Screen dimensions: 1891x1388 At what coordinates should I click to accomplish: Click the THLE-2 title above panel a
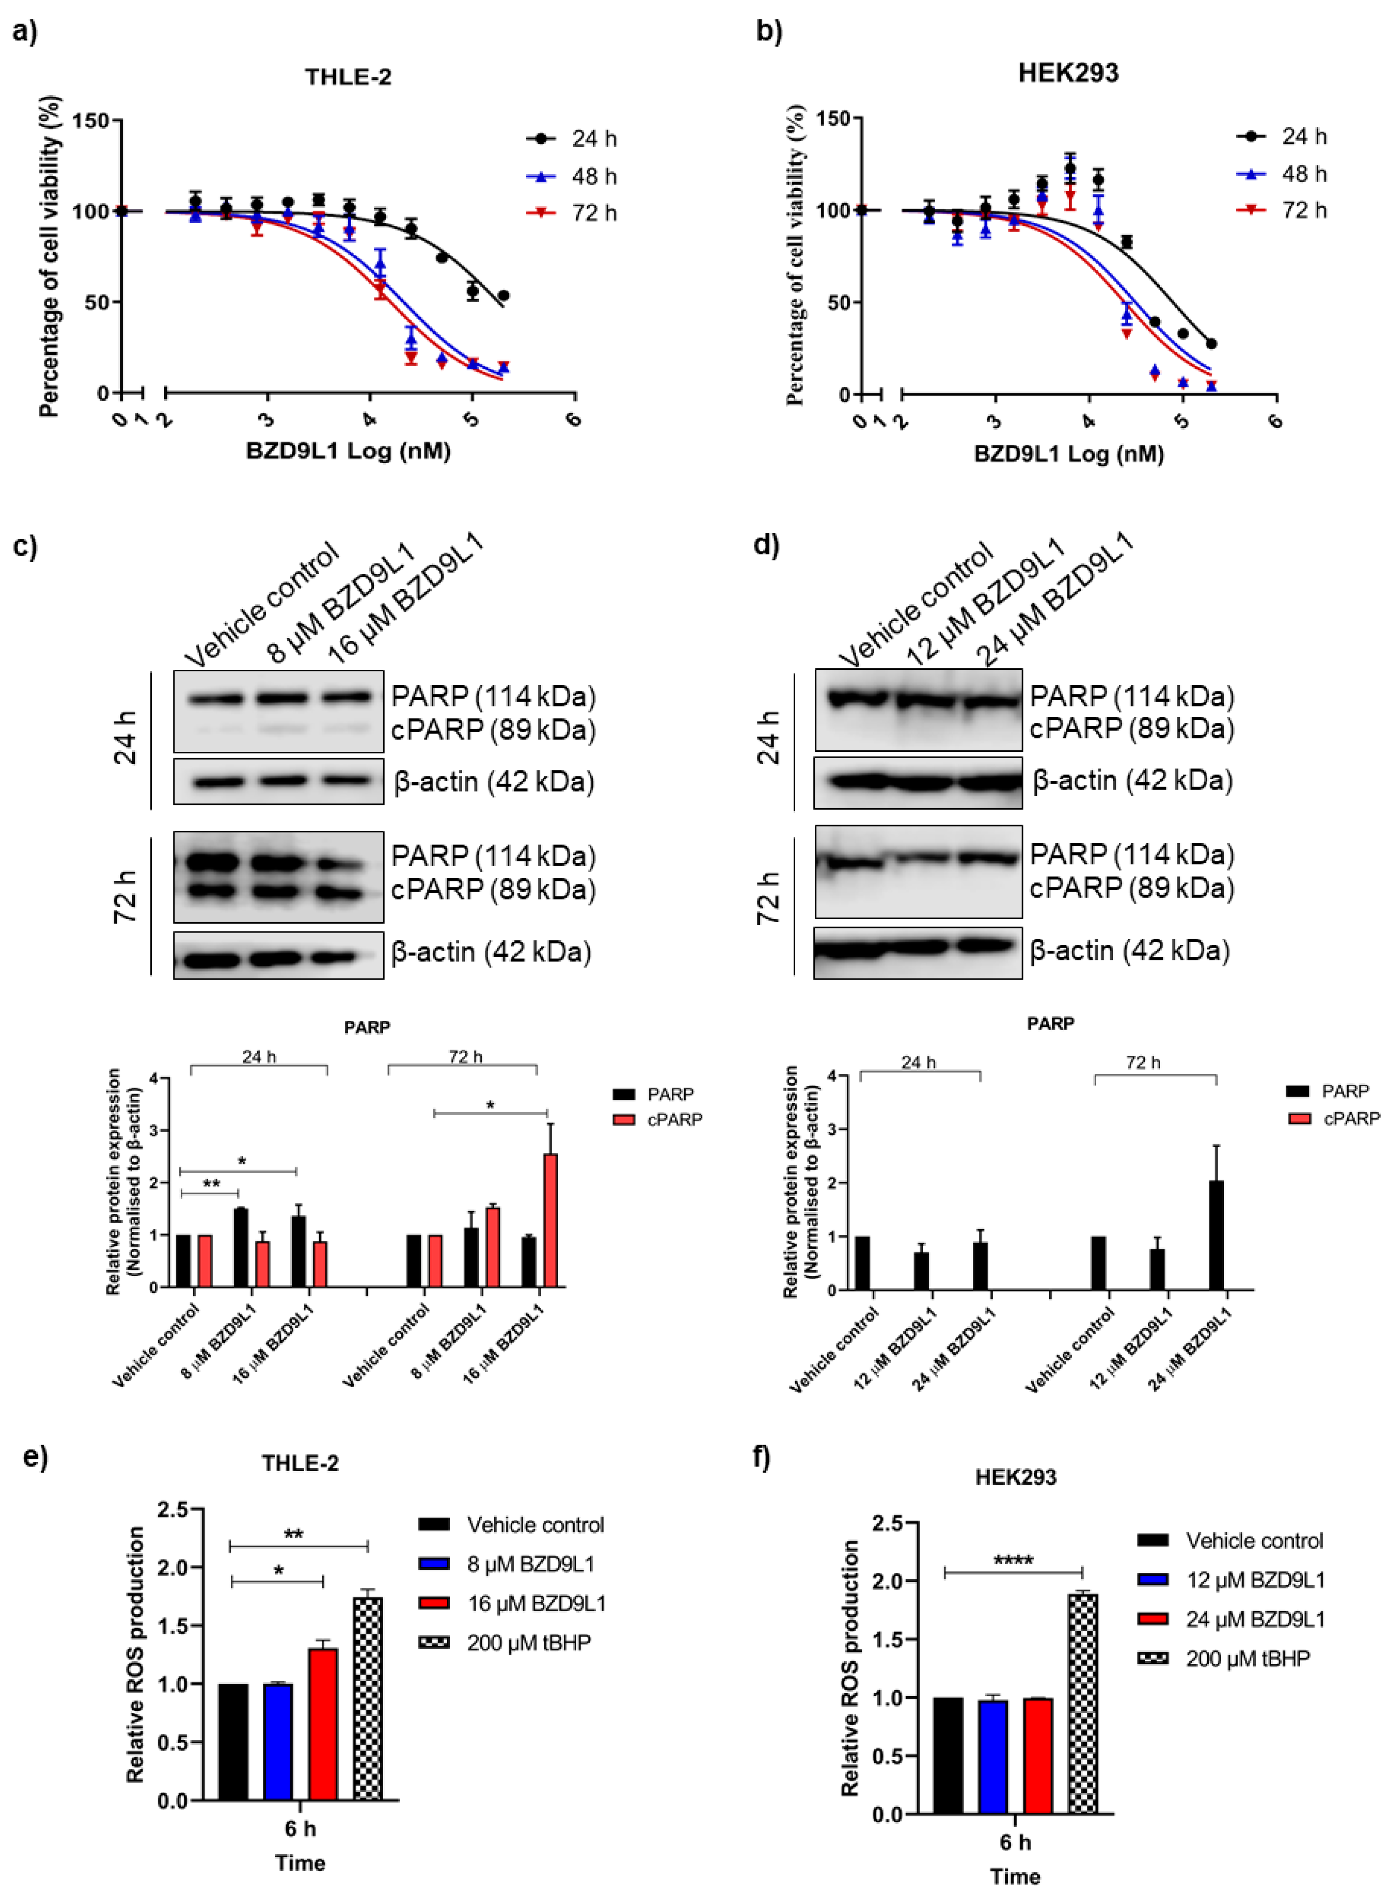coord(348,77)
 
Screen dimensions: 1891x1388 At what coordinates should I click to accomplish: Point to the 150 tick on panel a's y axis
coord(91,121)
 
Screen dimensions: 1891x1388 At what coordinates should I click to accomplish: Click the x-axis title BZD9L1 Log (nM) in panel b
coord(1069,455)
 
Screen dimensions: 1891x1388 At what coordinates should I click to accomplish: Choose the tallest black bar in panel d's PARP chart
coord(1216,1235)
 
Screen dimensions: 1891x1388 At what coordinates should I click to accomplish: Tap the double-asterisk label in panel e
coord(293,1535)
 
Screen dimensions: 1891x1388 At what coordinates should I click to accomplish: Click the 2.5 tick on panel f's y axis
coord(887,1523)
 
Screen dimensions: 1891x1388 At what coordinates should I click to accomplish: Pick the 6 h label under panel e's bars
coord(300,1828)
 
